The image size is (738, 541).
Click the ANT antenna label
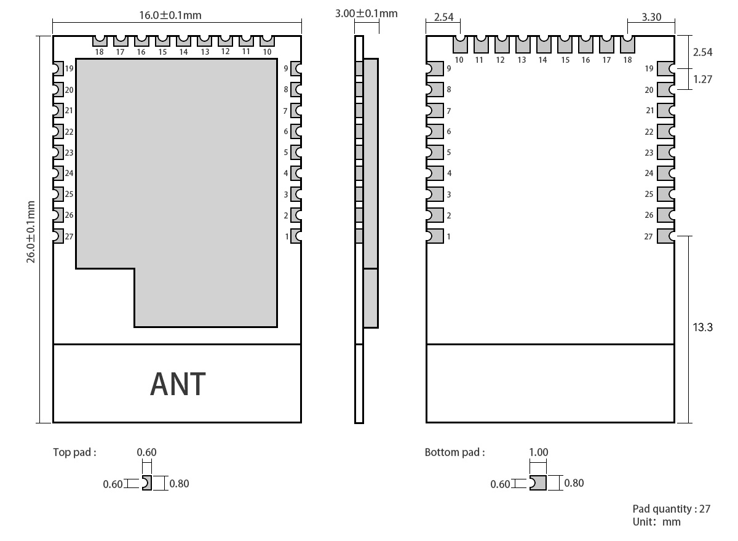[178, 384]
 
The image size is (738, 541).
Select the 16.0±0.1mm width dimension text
[170, 15]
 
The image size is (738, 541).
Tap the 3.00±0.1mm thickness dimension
[366, 13]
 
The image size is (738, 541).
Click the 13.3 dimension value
[702, 327]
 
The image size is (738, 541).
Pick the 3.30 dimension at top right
[651, 17]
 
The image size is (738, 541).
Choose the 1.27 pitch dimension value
[702, 79]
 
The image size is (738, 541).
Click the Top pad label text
[74, 452]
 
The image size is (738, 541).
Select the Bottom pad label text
[454, 452]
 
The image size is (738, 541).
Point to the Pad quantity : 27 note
[672, 509]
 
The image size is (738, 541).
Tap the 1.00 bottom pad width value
[538, 452]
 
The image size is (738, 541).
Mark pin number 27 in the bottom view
[648, 236]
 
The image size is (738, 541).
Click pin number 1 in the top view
[287, 236]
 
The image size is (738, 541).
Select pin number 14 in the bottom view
[542, 60]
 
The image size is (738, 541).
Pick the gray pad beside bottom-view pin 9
[435, 69]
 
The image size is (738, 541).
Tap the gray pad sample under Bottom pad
[538, 483]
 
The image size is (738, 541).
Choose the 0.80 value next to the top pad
[179, 483]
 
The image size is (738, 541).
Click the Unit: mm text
[656, 522]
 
